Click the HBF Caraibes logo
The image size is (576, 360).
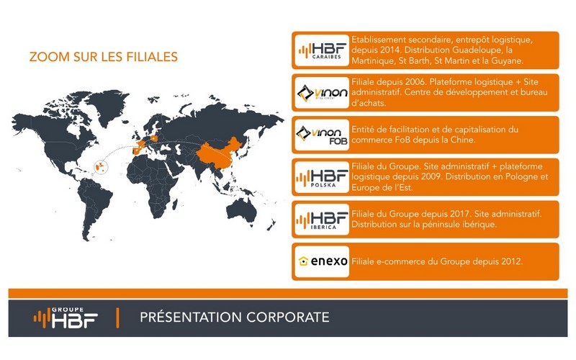click(322, 50)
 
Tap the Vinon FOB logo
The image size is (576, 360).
click(322, 135)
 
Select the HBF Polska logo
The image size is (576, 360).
click(322, 178)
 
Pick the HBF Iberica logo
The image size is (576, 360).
click(322, 220)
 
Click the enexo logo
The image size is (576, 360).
click(323, 261)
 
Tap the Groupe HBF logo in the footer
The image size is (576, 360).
click(66, 318)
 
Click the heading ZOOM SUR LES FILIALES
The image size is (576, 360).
click(104, 57)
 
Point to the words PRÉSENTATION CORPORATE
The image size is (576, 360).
click(235, 318)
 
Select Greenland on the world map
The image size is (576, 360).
click(109, 104)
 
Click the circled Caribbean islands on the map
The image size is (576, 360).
click(101, 167)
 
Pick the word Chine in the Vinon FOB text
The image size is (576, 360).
click(463, 140)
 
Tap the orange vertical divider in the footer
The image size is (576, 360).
click(117, 318)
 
